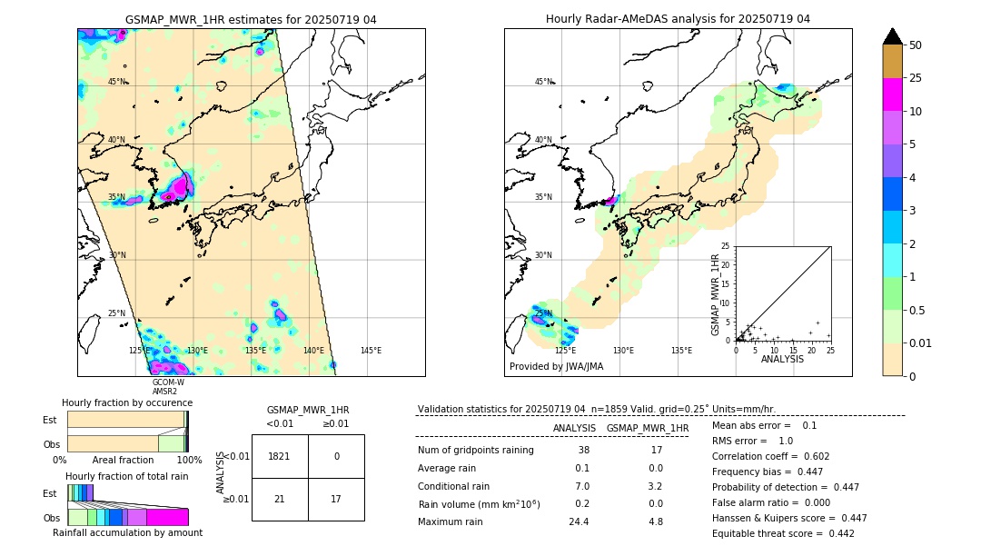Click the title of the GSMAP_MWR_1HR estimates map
pyautogui.click(x=251, y=19)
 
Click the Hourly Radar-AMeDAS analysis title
pyautogui.click(x=678, y=19)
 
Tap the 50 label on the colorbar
pyautogui.click(x=916, y=45)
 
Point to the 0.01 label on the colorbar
pyautogui.click(x=921, y=343)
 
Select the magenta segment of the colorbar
pyautogui.click(x=892, y=94)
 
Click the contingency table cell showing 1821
pyautogui.click(x=280, y=457)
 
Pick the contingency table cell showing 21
pyautogui.click(x=280, y=499)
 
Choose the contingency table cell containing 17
pyautogui.click(x=336, y=499)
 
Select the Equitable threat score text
pyautogui.click(x=783, y=533)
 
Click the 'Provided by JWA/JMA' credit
pyautogui.click(x=556, y=367)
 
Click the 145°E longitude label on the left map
pyautogui.click(x=371, y=351)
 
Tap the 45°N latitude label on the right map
pyautogui.click(x=543, y=82)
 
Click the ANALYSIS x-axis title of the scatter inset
pyautogui.click(x=783, y=359)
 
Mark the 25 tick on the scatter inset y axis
pyautogui.click(x=726, y=246)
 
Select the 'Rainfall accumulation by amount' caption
pyautogui.click(x=127, y=533)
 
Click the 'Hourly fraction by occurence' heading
pyautogui.click(x=127, y=402)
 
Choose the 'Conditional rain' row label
pyautogui.click(x=453, y=486)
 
